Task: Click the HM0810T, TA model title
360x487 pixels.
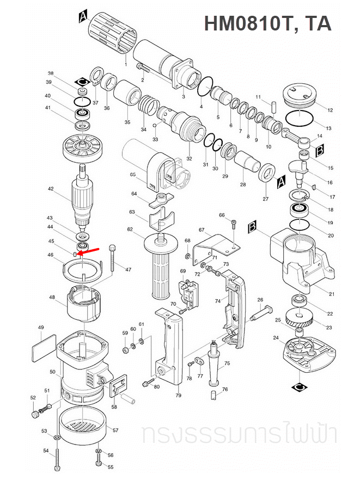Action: [267, 23]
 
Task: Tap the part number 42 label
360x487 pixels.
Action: [50, 189]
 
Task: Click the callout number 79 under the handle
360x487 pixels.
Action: [178, 396]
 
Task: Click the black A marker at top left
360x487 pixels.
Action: [82, 16]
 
